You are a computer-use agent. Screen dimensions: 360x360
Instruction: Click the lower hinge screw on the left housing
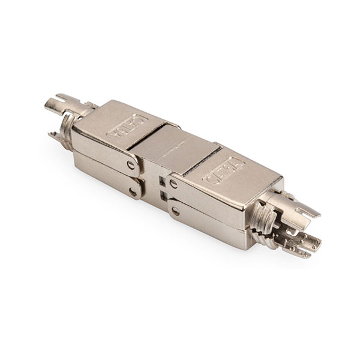133,192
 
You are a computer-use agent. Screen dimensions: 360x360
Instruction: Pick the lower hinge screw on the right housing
175,211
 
